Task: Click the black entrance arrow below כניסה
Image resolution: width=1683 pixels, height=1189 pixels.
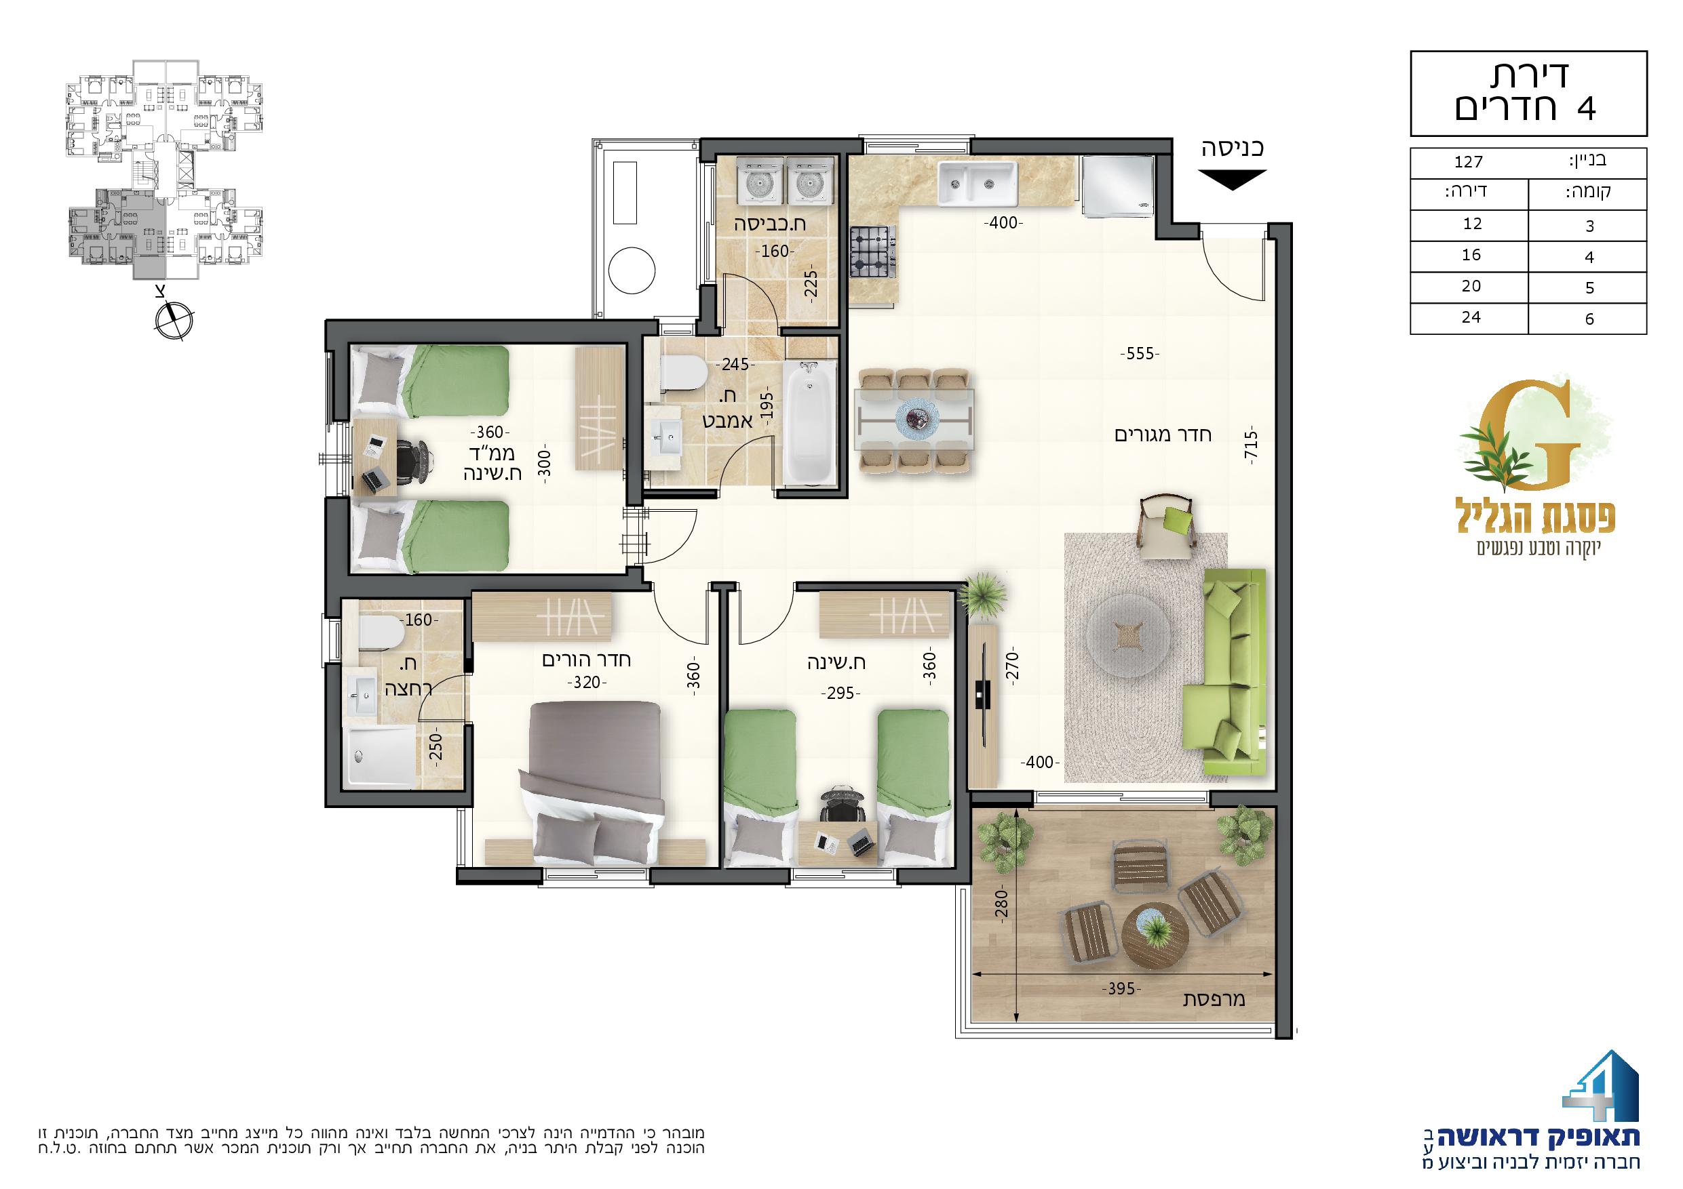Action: [x=1233, y=180]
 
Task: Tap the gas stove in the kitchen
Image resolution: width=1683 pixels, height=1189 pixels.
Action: [x=874, y=252]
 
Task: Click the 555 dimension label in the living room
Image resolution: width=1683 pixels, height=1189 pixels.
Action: [x=1139, y=355]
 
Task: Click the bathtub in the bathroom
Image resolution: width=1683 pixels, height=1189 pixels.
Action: [x=809, y=422]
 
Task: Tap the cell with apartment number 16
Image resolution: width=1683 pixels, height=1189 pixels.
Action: [x=1471, y=256]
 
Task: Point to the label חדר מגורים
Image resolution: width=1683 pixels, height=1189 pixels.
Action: [x=1163, y=435]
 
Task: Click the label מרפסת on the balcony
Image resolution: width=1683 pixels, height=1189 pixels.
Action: [x=1216, y=999]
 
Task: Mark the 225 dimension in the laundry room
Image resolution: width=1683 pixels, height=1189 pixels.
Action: [x=810, y=285]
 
